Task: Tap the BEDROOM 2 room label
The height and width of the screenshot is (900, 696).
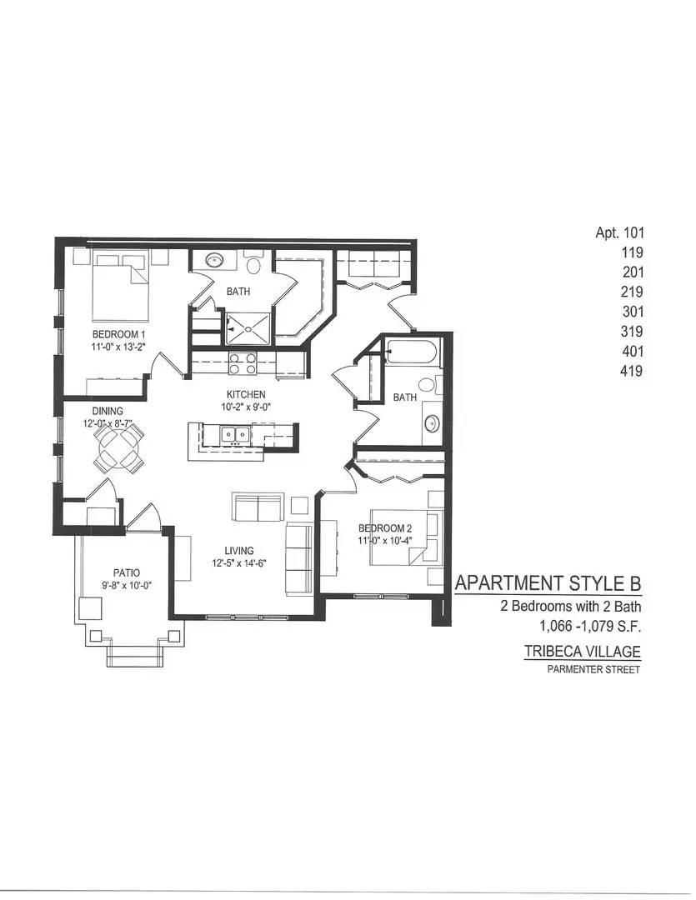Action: pyautogui.click(x=385, y=528)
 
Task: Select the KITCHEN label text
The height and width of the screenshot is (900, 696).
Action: pyautogui.click(x=246, y=394)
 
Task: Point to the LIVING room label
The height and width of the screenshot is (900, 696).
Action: pyautogui.click(x=238, y=550)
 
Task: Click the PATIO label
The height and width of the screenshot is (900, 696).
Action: pyautogui.click(x=127, y=572)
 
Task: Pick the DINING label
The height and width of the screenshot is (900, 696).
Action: pyautogui.click(x=108, y=411)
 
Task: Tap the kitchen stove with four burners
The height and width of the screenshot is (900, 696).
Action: pyautogui.click(x=242, y=363)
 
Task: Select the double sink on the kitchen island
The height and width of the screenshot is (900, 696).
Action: pyautogui.click(x=230, y=434)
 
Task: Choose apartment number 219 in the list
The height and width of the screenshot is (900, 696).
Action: pyautogui.click(x=630, y=292)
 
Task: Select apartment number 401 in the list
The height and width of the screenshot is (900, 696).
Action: pyautogui.click(x=630, y=351)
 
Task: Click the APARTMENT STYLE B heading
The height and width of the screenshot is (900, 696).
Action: pyautogui.click(x=548, y=583)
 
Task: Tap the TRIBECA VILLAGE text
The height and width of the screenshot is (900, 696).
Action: pyautogui.click(x=583, y=652)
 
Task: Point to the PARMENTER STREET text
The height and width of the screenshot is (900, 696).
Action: pyautogui.click(x=593, y=670)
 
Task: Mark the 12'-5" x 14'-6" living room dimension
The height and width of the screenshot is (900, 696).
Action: pyautogui.click(x=238, y=562)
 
